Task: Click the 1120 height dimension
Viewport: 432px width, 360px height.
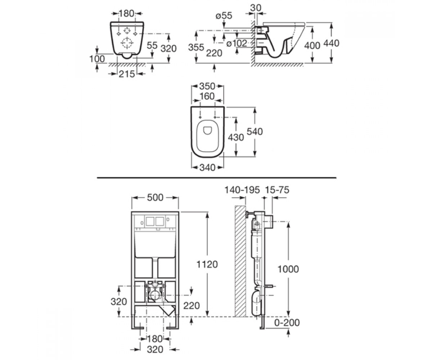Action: point(207,264)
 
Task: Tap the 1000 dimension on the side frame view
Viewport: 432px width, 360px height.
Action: point(288,269)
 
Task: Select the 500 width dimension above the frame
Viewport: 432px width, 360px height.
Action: point(155,197)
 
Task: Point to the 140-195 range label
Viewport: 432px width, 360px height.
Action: point(242,190)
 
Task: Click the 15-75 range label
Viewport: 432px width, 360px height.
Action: point(277,190)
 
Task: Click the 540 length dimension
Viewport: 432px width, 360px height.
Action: point(255,132)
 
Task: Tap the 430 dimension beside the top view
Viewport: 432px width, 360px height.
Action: point(236,138)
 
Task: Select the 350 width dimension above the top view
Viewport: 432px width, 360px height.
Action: point(207,86)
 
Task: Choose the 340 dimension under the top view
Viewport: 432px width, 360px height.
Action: point(207,167)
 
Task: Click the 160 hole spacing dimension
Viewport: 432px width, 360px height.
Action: point(207,96)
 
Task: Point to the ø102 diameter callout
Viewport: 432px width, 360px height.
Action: point(237,43)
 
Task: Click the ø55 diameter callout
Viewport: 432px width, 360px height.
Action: point(224,15)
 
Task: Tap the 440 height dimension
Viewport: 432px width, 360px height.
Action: point(331,43)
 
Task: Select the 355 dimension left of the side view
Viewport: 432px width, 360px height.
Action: point(196,48)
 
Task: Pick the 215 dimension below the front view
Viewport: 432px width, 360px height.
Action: point(127,74)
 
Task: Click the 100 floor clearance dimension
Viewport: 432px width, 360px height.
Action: point(97,59)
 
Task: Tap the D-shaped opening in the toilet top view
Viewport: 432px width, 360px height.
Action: point(207,130)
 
